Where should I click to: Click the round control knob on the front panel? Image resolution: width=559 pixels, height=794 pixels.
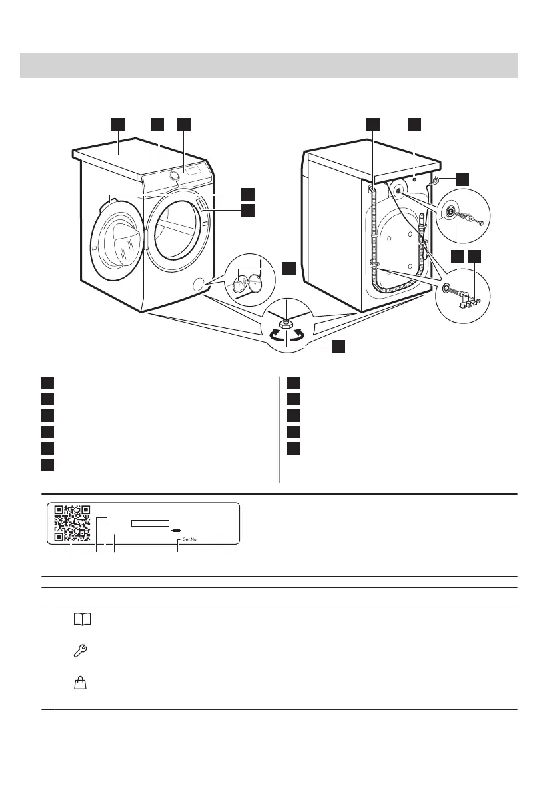tap(175, 175)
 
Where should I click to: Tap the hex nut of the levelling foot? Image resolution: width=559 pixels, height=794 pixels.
tap(286, 323)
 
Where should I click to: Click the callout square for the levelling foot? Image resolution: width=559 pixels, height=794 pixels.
tap(339, 347)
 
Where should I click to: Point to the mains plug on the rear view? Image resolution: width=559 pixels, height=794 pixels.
tap(436, 181)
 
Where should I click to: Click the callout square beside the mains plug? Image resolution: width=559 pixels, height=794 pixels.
tap(462, 178)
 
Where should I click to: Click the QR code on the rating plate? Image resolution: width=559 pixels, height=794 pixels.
tap(72, 523)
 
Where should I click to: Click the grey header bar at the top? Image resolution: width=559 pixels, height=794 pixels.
tap(269, 65)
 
